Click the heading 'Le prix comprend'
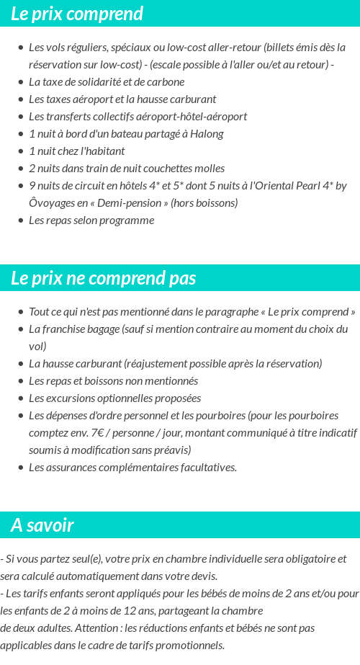click(x=77, y=14)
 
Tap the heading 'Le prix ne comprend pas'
click(x=103, y=279)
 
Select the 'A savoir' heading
click(x=42, y=525)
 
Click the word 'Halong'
click(x=207, y=134)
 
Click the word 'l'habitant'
click(x=102, y=151)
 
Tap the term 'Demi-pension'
click(x=132, y=203)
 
